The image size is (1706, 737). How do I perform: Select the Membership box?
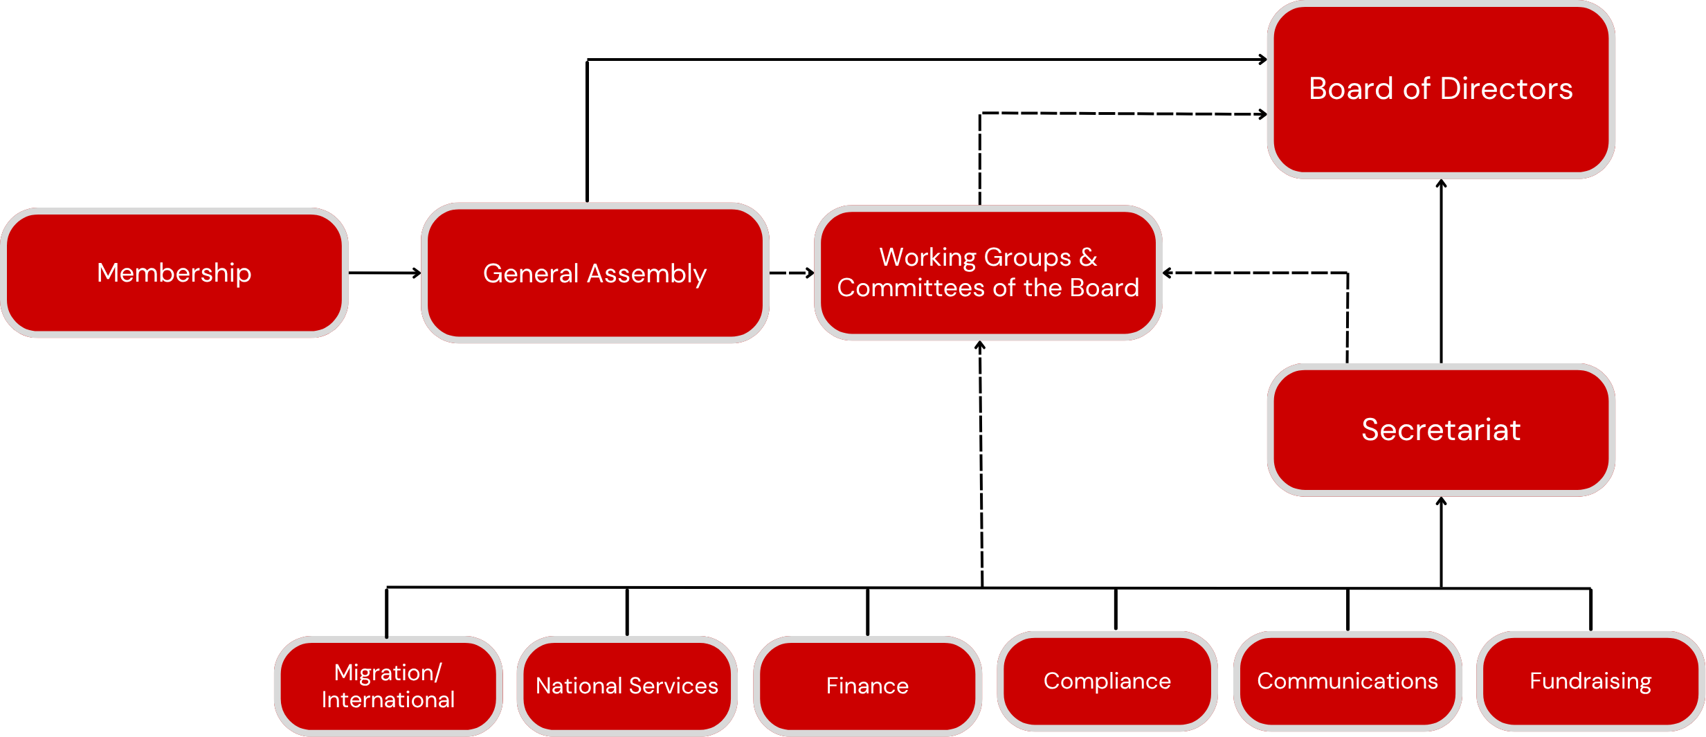tap(174, 273)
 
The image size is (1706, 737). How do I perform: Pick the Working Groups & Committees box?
tap(988, 273)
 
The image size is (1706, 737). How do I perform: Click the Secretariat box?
tap(1441, 430)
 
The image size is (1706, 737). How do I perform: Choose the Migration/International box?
tap(388, 686)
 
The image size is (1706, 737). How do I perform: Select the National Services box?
tap(627, 686)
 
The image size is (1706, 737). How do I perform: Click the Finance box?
tap(867, 686)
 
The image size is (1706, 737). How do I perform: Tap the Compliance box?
tap(1107, 681)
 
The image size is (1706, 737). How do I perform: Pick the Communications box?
tap(1347, 681)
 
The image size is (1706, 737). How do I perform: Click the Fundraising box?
tap(1590, 681)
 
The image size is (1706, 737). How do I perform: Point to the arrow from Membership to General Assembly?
tap(385, 273)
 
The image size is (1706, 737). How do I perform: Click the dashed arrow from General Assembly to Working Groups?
tap(792, 273)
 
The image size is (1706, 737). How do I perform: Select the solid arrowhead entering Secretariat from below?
tap(1441, 501)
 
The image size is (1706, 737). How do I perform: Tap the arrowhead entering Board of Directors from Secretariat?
tap(1441, 183)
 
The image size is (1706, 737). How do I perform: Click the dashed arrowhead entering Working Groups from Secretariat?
tap(1168, 273)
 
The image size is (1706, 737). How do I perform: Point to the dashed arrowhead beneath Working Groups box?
tap(980, 345)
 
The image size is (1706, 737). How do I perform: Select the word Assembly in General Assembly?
tap(646, 274)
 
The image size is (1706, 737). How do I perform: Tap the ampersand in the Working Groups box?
tap(1088, 257)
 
